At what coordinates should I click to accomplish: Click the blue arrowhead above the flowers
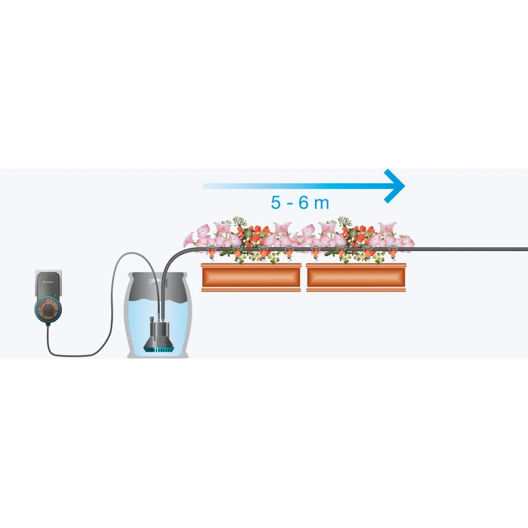pyautogui.click(x=395, y=186)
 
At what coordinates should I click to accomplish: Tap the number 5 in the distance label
pyautogui.click(x=276, y=203)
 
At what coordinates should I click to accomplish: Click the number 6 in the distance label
pyautogui.click(x=304, y=203)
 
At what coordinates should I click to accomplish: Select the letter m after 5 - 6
pyautogui.click(x=321, y=204)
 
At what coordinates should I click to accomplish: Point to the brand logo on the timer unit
pyautogui.click(x=48, y=283)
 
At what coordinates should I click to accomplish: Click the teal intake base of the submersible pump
pyautogui.click(x=157, y=348)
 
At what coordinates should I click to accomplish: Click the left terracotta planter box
pyautogui.click(x=251, y=277)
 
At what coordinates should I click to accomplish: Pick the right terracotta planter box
pyautogui.click(x=356, y=277)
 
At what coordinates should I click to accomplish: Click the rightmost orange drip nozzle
pyautogui.click(x=392, y=252)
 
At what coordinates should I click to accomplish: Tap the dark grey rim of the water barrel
pyautogui.click(x=157, y=275)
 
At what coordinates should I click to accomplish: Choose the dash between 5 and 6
pyautogui.click(x=290, y=203)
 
